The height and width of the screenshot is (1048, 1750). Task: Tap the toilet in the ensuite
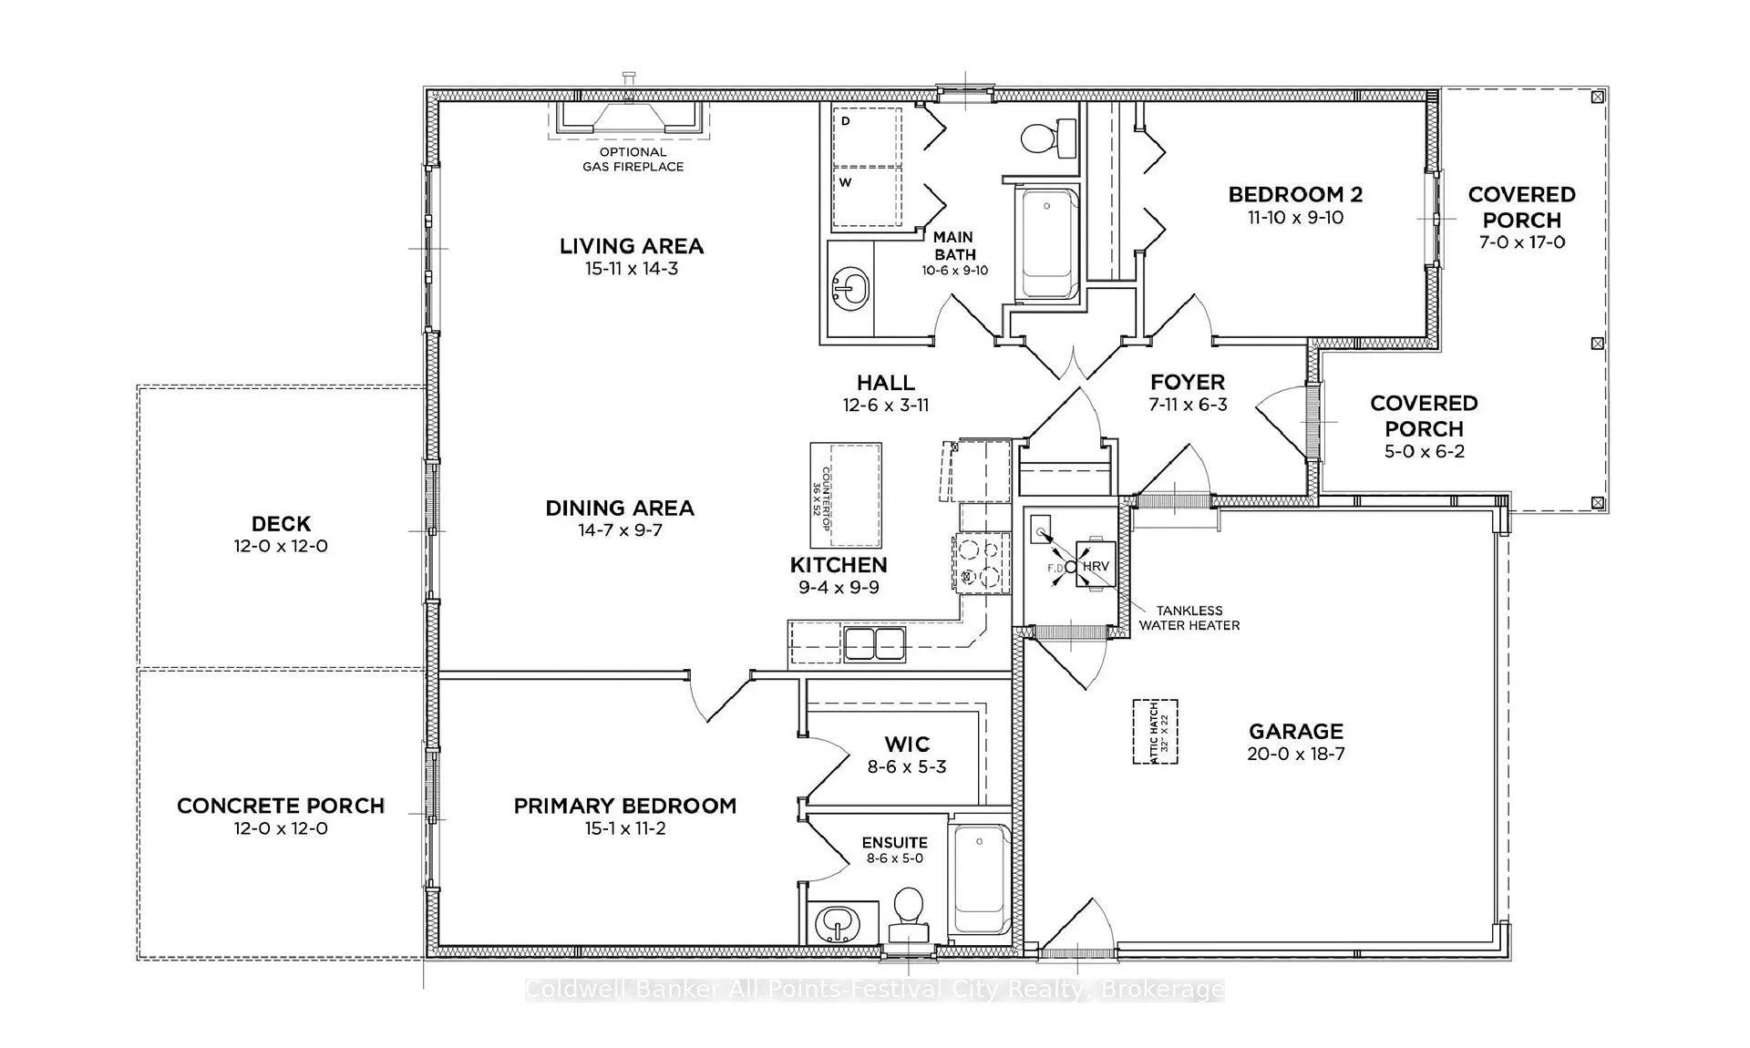908,915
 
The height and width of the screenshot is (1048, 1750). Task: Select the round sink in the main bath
849,291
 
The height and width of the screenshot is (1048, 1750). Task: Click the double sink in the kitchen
874,644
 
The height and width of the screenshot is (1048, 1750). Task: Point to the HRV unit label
1096,566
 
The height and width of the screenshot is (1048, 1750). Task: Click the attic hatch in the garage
1155,732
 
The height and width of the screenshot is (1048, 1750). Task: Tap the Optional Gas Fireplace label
633,159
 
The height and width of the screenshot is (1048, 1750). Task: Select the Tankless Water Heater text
1189,618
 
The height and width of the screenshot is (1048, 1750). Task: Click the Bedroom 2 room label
1295,194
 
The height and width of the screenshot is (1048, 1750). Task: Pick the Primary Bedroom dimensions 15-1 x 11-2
625,828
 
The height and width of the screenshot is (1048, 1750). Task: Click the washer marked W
867,196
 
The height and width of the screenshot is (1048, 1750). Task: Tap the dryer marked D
867,137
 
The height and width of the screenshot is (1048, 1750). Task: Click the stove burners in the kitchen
981,562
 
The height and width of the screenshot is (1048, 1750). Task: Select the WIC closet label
907,745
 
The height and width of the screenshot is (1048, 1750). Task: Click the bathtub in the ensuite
980,879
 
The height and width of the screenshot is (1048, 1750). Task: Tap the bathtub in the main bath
1047,243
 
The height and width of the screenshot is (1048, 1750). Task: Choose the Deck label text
282,524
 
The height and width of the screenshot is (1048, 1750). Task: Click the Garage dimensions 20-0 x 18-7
1296,754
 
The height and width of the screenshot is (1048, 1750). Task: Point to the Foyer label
1188,383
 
